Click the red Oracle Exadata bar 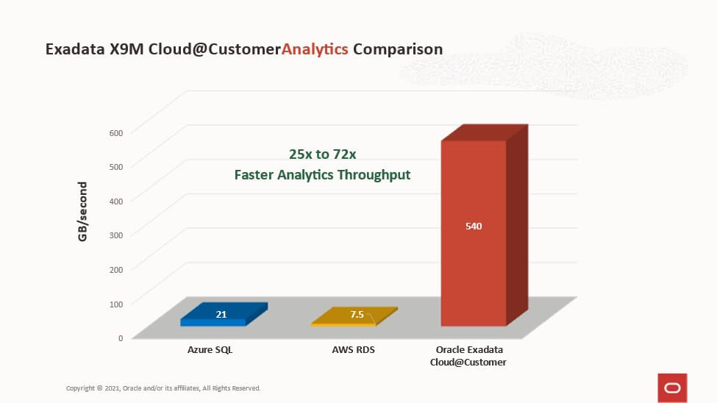point(484,225)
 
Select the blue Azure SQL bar point(224,314)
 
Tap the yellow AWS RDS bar point(354,316)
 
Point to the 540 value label point(474,226)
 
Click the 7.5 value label point(357,314)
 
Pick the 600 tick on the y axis point(116,132)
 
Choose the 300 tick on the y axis point(116,235)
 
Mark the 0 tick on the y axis point(121,338)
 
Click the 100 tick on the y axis point(116,304)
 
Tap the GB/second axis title point(82,211)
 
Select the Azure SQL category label point(210,349)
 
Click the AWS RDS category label point(354,349)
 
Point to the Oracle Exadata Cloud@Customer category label point(468,356)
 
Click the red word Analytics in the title point(315,49)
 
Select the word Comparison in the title point(398,49)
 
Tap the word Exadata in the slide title point(75,49)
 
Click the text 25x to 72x point(322,154)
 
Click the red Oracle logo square point(672,388)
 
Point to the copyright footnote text point(163,388)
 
